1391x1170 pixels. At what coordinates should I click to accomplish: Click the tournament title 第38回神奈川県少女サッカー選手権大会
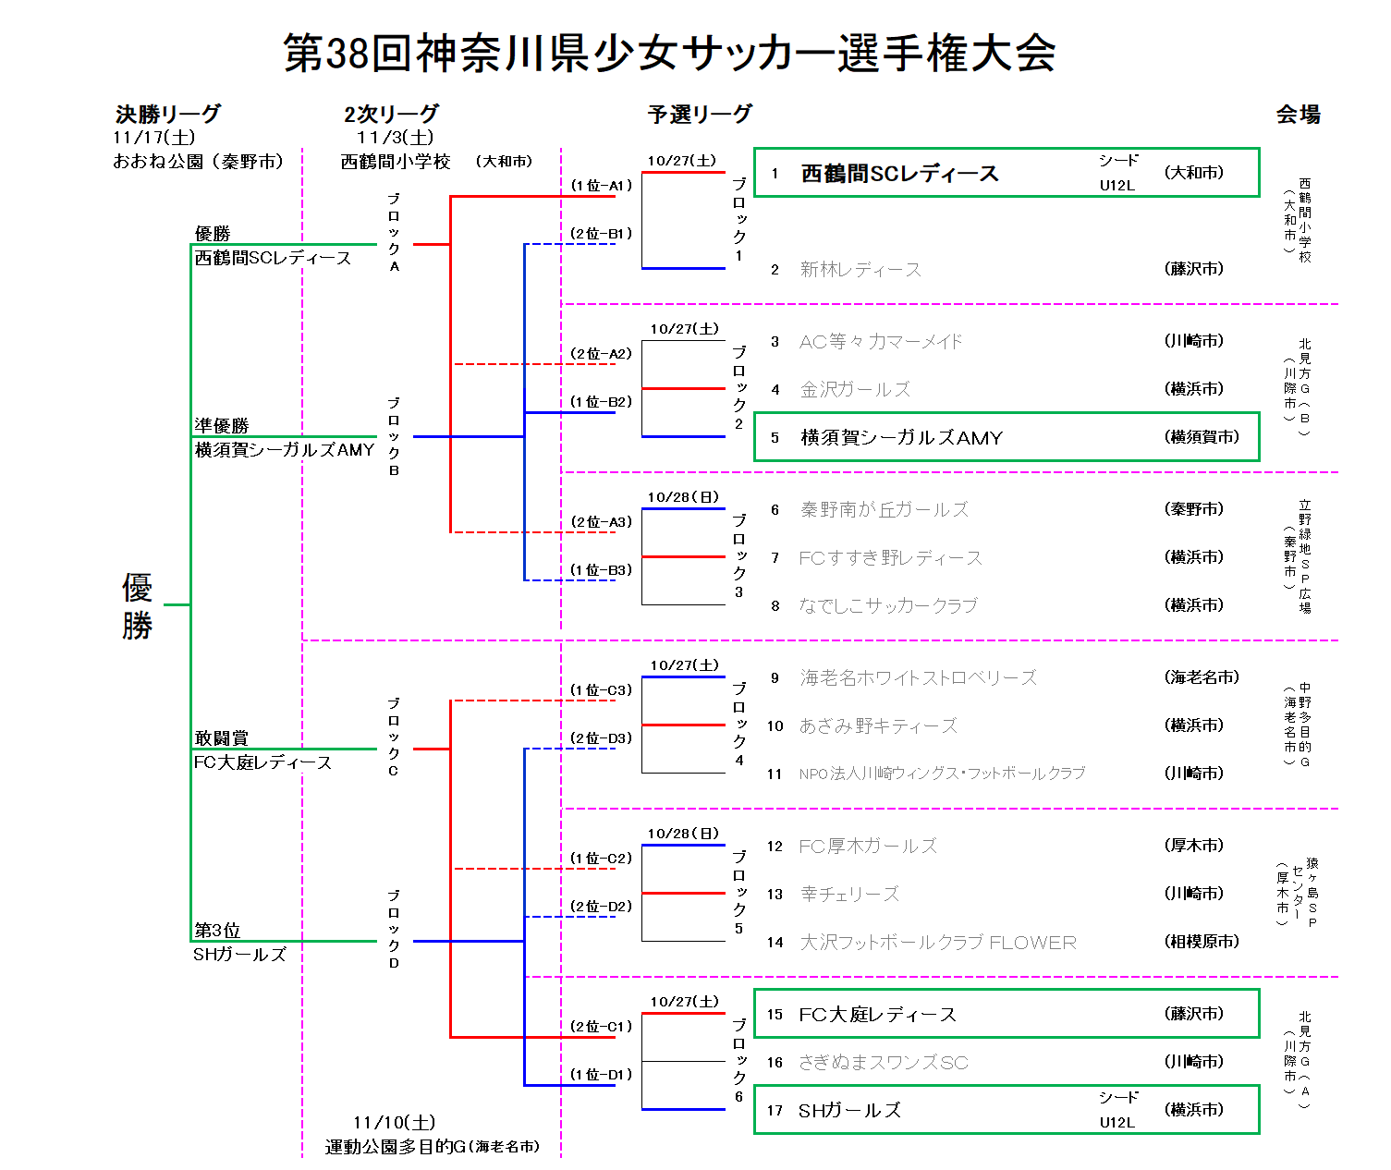tap(669, 53)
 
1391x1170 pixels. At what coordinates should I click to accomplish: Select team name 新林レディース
tap(860, 270)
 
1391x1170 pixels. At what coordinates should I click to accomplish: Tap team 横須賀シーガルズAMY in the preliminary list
tap(901, 438)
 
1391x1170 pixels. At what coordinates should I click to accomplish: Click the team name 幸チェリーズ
tap(849, 894)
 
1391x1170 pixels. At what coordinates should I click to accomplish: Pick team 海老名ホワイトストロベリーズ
tap(918, 678)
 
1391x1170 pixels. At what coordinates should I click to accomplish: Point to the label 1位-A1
tap(601, 186)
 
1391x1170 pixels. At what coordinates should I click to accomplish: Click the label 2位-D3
tap(601, 738)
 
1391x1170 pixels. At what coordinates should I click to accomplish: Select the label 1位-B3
tap(601, 570)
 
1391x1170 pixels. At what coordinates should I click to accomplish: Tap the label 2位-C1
tap(601, 1027)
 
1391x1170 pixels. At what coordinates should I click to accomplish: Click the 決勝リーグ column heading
tap(168, 115)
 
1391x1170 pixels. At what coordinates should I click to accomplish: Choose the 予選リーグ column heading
tap(700, 115)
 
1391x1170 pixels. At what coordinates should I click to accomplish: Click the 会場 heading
tap(1298, 115)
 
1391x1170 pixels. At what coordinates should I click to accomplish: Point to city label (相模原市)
tap(1202, 942)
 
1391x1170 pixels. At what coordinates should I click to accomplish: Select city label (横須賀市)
tap(1202, 437)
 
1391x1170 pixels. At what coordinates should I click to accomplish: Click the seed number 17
tap(775, 1111)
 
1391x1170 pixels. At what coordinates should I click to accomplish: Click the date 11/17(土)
tap(153, 138)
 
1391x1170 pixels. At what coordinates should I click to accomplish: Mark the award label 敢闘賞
tap(221, 738)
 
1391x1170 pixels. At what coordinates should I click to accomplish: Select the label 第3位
tap(216, 931)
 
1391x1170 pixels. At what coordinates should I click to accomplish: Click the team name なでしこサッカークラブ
tap(887, 606)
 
